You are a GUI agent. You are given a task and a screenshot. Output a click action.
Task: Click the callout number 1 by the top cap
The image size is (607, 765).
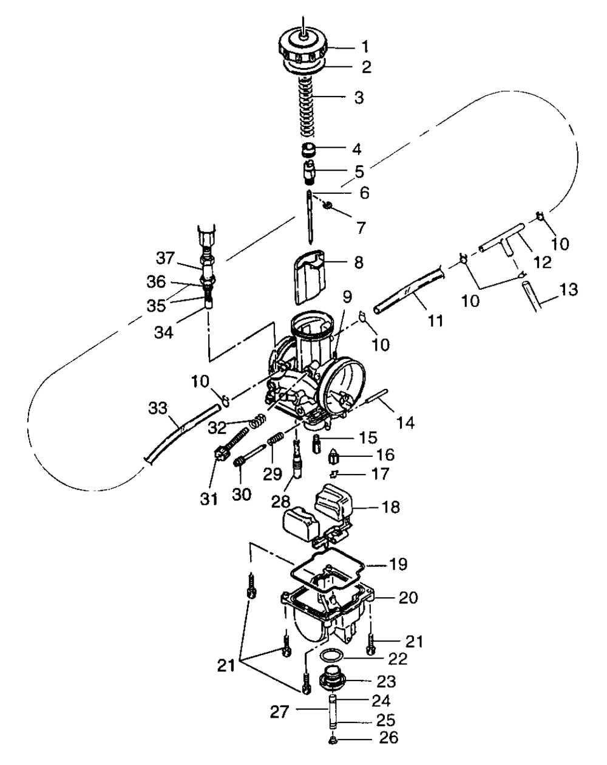click(x=365, y=46)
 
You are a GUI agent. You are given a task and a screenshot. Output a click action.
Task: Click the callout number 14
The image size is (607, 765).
click(x=406, y=405)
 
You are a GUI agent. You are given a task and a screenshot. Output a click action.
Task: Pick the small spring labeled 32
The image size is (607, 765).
click(x=258, y=419)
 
